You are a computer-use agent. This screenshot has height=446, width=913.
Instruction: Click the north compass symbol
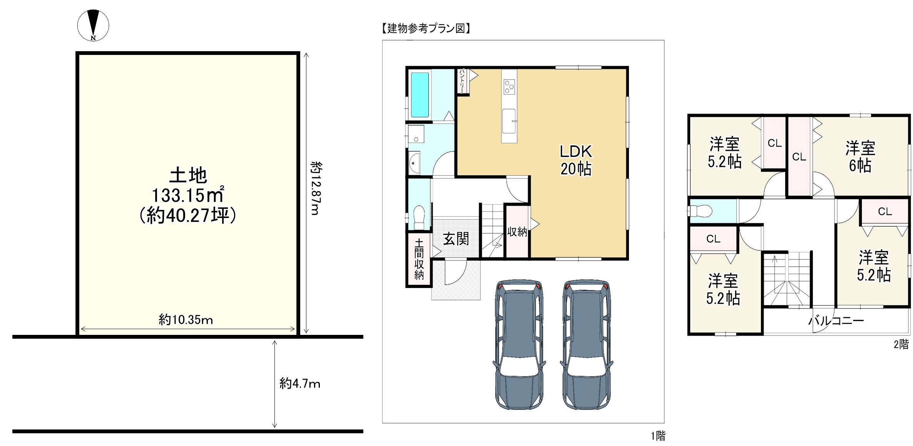93,26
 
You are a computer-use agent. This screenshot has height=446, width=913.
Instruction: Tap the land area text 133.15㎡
188,195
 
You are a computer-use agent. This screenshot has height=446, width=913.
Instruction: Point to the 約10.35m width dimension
186,320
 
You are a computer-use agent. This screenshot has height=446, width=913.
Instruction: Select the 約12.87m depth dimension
316,188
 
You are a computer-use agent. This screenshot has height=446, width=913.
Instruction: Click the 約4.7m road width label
300,384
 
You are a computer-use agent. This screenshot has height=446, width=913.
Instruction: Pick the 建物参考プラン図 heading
426,28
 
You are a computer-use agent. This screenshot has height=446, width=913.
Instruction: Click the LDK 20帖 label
576,160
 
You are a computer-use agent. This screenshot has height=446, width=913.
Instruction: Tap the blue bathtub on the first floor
420,95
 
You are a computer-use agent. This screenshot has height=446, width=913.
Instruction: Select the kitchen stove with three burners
509,87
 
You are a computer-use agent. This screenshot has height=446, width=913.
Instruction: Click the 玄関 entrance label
456,239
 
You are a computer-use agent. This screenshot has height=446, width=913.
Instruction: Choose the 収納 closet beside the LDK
517,232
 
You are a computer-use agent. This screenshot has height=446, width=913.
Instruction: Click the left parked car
519,344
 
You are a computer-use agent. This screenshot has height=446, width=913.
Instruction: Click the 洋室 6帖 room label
860,157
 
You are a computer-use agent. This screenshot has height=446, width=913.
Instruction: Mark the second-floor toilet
700,211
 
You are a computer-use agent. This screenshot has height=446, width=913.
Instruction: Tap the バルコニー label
836,321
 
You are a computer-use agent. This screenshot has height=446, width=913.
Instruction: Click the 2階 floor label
901,344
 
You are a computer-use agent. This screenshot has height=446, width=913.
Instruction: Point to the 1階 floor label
658,436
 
